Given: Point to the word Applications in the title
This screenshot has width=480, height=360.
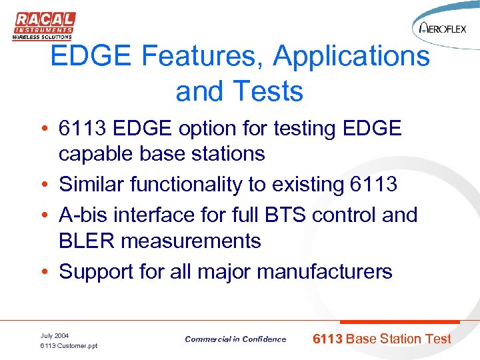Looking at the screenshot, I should click(x=351, y=57).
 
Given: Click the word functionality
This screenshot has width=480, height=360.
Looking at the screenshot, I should click(x=191, y=184).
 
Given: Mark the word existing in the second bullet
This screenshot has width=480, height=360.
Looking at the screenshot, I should click(x=307, y=184).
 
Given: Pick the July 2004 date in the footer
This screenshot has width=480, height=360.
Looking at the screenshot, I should click(x=55, y=335).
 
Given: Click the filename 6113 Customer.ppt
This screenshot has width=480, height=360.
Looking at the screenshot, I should click(x=69, y=346).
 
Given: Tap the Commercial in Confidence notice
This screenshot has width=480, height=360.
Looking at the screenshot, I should click(x=235, y=339).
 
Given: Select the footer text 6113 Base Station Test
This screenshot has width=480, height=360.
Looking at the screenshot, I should click(x=382, y=339).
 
